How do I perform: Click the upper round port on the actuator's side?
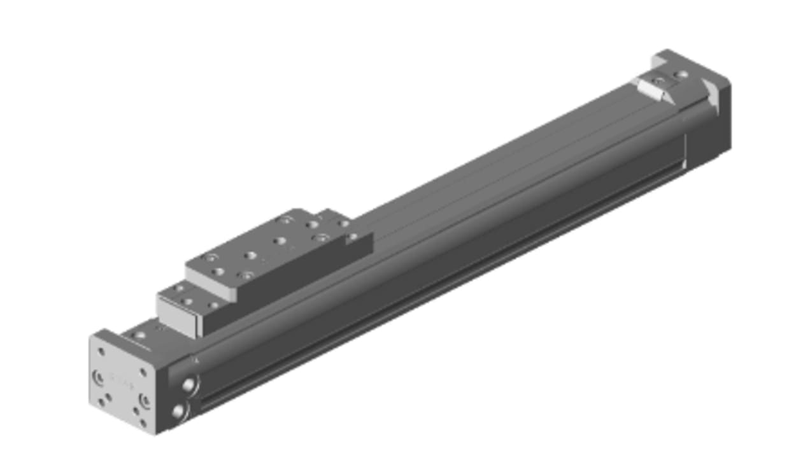188,384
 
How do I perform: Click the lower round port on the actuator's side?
178,412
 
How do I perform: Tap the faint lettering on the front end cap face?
120,381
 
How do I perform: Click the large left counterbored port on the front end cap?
99,377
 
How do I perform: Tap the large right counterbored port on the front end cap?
145,401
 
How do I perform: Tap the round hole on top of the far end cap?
683,75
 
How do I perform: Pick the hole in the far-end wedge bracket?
659,82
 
